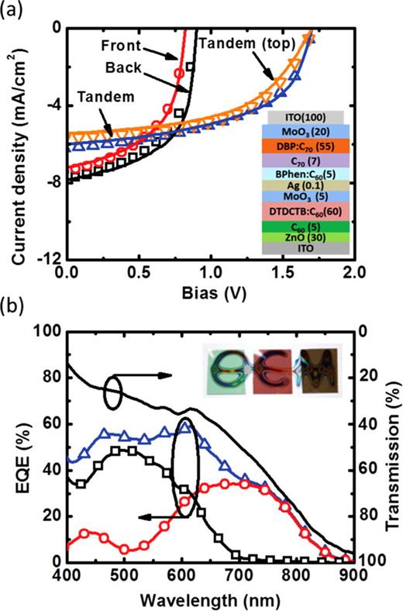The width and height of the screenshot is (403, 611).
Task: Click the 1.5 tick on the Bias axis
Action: pos(282,273)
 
